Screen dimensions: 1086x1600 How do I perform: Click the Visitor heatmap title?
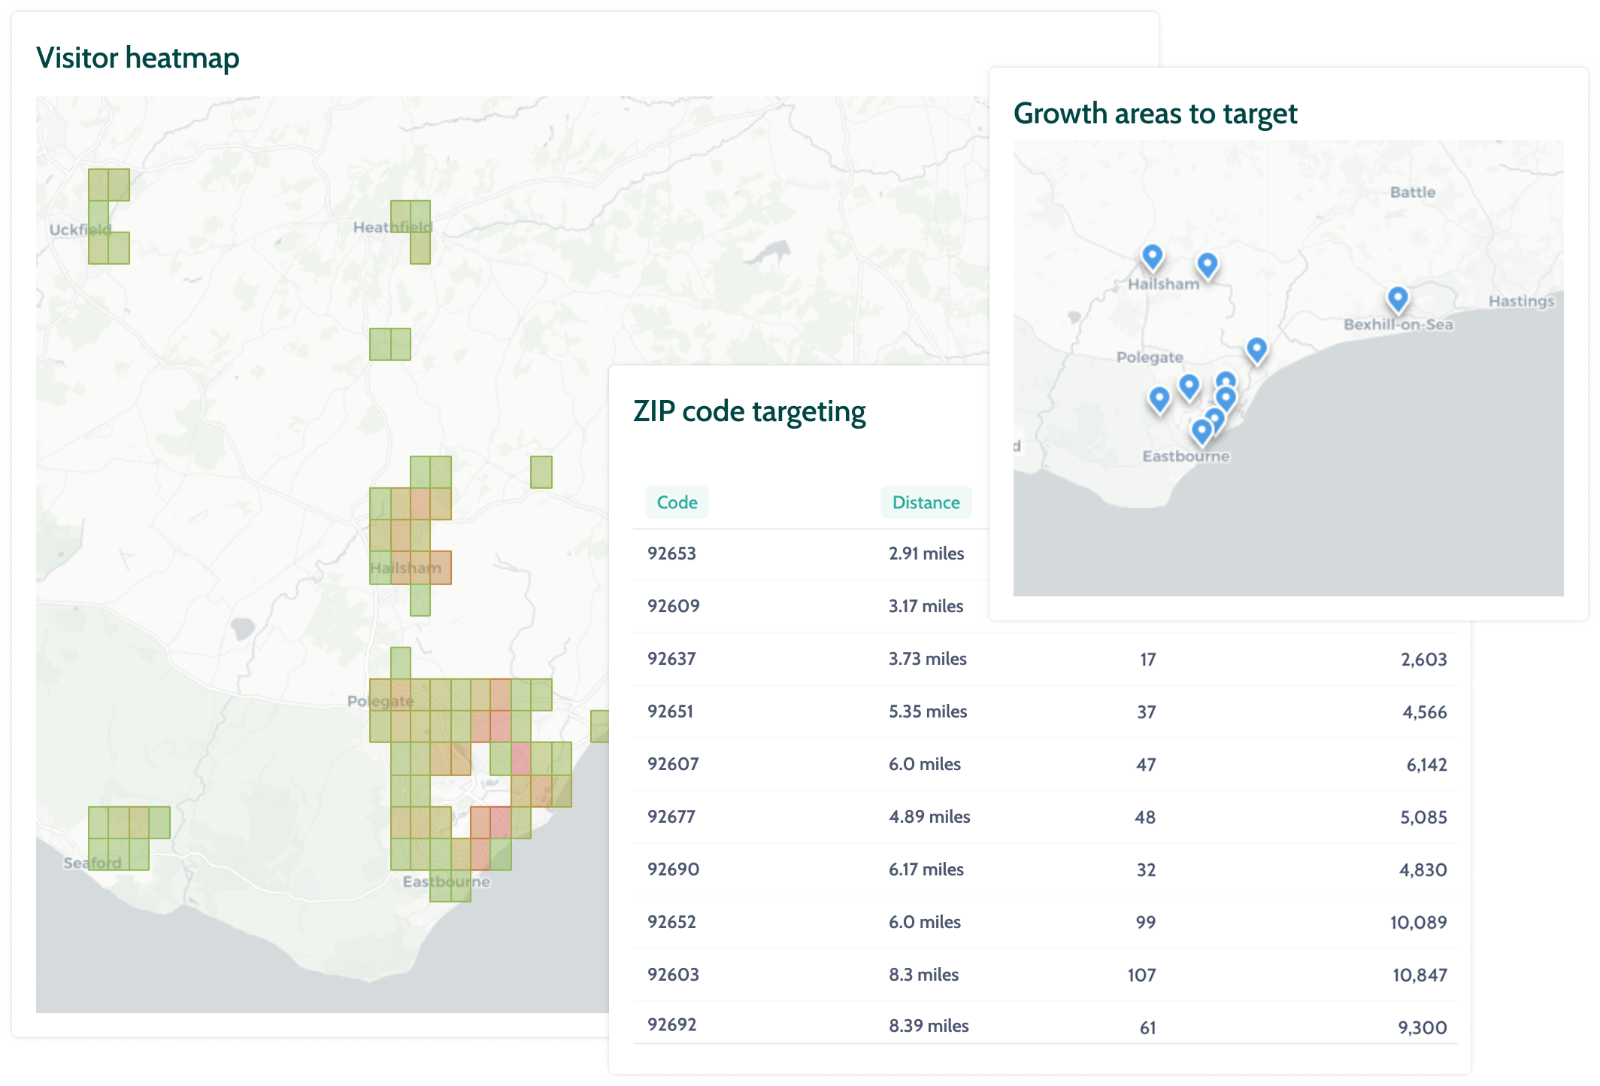tap(138, 58)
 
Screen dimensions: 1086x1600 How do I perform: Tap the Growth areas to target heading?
tap(1155, 114)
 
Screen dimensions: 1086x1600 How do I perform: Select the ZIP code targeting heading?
tap(749, 411)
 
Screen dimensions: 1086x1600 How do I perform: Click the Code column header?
tap(677, 502)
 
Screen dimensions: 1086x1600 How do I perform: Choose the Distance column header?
tap(926, 502)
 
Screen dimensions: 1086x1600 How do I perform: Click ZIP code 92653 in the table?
tap(671, 554)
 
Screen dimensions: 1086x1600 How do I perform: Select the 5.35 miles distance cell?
tap(928, 711)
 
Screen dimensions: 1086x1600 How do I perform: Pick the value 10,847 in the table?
tap(1419, 975)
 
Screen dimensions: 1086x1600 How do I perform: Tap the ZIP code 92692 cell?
tap(671, 1024)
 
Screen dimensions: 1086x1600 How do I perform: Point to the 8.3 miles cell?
tap(923, 975)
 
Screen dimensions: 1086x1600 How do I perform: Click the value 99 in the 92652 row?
tap(1145, 922)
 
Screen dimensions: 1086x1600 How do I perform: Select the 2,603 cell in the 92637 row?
tap(1423, 660)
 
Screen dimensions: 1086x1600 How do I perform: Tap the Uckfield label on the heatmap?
tap(80, 229)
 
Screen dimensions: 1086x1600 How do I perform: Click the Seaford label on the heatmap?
tap(92, 863)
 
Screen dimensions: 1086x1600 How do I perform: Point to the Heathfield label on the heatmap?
tap(392, 227)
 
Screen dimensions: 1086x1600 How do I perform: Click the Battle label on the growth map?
tap(1412, 192)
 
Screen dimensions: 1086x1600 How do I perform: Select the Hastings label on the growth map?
tap(1520, 301)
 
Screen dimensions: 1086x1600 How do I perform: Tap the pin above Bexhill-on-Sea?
tap(1397, 299)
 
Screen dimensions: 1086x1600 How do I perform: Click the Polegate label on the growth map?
tap(1149, 357)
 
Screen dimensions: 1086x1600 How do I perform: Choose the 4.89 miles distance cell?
tap(929, 817)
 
